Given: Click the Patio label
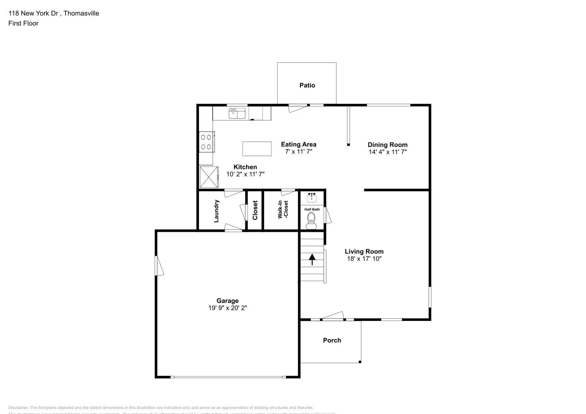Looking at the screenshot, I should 307,85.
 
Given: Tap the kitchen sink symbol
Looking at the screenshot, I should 237,113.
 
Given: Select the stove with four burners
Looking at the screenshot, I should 206,142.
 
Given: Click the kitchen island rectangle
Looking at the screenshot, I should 257,149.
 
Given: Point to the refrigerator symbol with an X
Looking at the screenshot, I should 209,177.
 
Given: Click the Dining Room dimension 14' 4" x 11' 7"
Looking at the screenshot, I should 387,152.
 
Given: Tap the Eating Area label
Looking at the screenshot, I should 298,144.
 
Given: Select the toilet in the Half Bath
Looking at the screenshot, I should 312,221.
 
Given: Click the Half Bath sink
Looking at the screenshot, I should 312,197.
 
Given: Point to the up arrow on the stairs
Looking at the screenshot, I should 312,259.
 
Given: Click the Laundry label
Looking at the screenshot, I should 216,211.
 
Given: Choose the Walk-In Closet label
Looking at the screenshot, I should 283,209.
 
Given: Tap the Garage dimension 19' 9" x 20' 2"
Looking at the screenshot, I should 228,308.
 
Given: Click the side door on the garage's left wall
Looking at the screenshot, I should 159,265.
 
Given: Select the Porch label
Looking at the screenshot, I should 332,340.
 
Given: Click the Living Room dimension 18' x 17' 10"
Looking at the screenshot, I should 364,259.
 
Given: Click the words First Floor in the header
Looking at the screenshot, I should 23,24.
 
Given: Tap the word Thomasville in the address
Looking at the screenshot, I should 81,13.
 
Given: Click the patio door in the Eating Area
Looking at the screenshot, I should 298,107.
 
